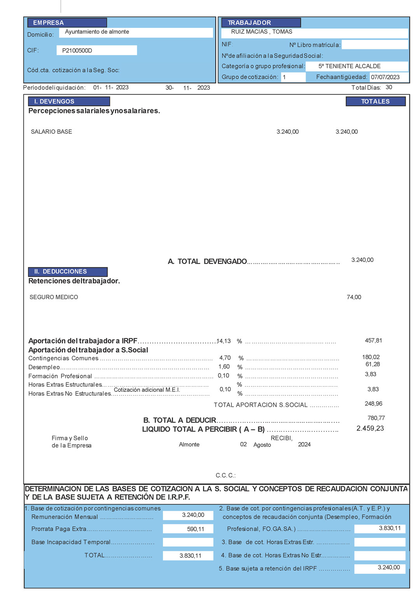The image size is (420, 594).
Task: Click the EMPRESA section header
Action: tap(48, 23)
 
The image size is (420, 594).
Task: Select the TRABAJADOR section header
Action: tap(249, 23)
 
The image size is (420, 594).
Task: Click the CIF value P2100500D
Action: tap(77, 51)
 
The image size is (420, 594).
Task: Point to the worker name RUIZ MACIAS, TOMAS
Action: tap(261, 32)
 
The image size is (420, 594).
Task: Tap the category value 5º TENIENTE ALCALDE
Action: tap(349, 66)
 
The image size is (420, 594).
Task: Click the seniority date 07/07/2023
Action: tap(385, 77)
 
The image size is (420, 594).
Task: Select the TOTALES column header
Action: tap(375, 102)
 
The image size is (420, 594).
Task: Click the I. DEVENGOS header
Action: tap(54, 102)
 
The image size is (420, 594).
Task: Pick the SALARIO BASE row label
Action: tap(51, 131)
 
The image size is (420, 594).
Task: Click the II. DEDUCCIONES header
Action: tap(60, 272)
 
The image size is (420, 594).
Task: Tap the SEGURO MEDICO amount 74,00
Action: tap(354, 297)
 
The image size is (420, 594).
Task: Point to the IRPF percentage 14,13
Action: tap(224, 341)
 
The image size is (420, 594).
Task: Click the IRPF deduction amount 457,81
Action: tap(373, 340)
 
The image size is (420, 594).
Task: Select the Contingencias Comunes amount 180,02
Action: tap(371, 357)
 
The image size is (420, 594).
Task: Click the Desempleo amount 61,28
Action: tap(373, 364)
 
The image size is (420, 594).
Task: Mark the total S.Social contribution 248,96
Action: tap(373, 403)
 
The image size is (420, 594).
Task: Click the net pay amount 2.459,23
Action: tap(370, 428)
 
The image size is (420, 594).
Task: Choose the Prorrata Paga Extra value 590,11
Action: tap(195, 529)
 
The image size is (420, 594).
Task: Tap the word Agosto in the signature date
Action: tap(262, 445)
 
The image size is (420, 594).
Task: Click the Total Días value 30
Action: tap(389, 87)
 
